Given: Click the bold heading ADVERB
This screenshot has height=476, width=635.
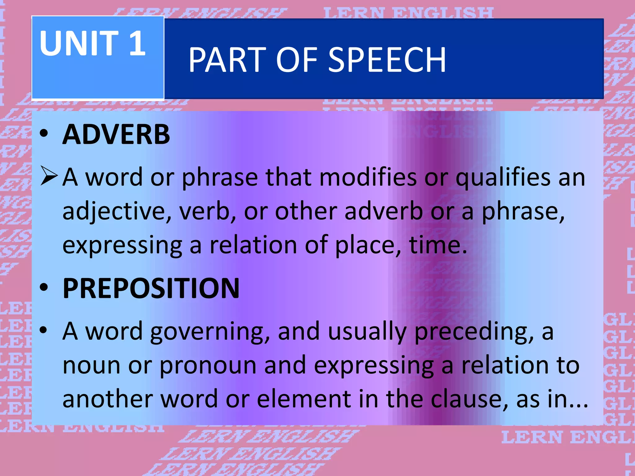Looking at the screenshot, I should (116, 134).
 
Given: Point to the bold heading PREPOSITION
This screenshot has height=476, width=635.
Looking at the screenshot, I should (151, 289).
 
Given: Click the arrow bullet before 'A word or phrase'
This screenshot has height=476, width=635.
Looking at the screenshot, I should (49, 176).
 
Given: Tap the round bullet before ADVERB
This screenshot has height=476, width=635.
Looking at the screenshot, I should (44, 134).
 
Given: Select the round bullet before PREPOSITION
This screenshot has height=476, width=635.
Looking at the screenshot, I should (44, 288).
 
